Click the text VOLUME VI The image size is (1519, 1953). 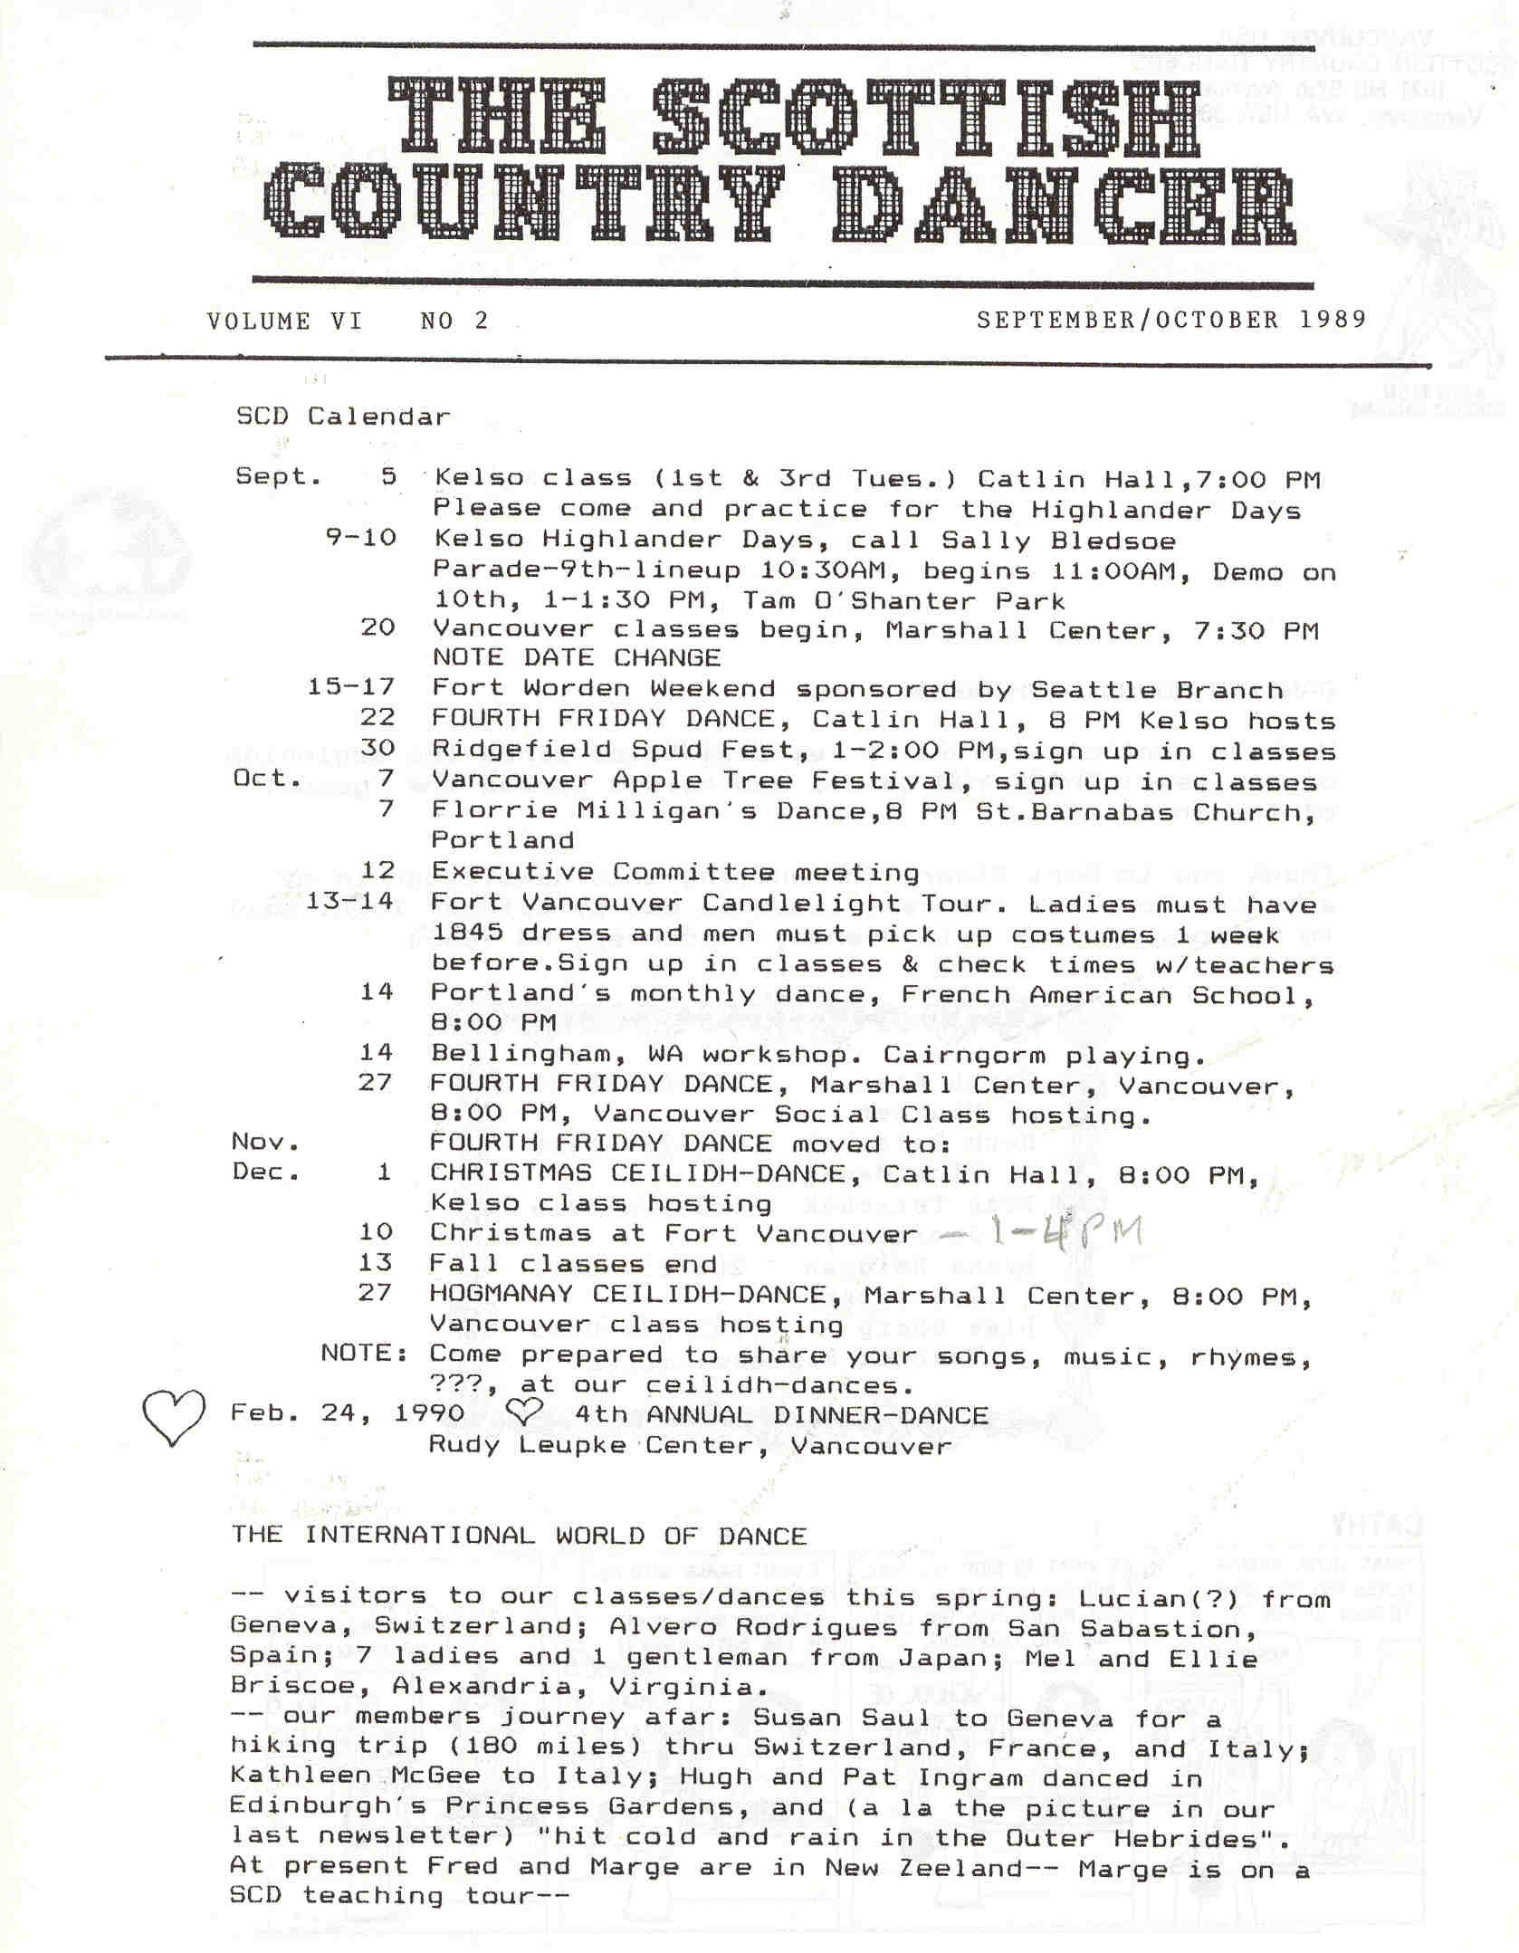(283, 321)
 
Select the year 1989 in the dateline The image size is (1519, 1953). (1332, 320)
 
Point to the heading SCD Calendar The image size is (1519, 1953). (342, 416)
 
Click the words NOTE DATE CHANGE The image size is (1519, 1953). (576, 657)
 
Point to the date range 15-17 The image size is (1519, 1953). (350, 687)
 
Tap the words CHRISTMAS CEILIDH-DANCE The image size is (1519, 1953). (646, 1173)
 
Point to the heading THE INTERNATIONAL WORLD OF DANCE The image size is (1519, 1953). (519, 1536)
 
